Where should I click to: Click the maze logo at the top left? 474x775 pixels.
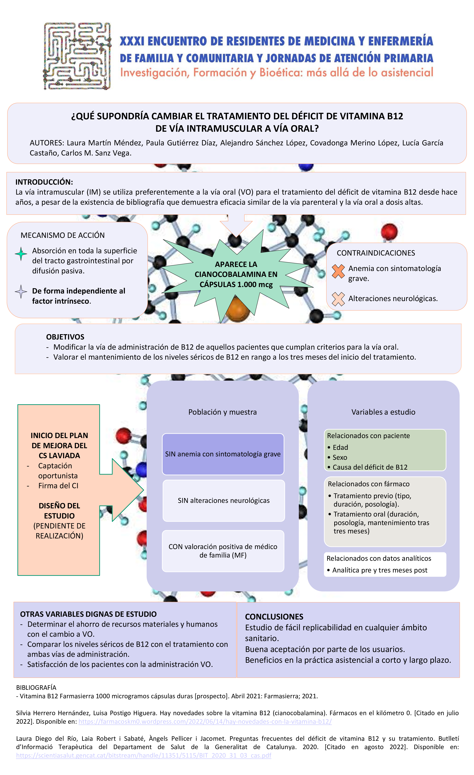click(77, 56)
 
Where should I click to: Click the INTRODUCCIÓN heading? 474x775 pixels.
click(44, 182)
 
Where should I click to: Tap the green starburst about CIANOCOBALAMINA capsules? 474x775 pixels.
click(236, 274)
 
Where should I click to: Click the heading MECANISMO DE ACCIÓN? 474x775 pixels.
click(63, 235)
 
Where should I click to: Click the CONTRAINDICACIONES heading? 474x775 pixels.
click(376, 253)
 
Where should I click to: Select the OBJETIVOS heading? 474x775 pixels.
click(65, 337)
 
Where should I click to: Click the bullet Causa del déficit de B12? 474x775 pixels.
click(370, 467)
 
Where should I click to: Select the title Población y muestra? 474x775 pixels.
click(222, 412)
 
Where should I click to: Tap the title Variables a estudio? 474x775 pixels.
click(383, 412)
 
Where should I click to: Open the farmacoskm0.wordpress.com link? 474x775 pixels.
click(205, 722)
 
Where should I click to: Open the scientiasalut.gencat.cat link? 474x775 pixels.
click(143, 755)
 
